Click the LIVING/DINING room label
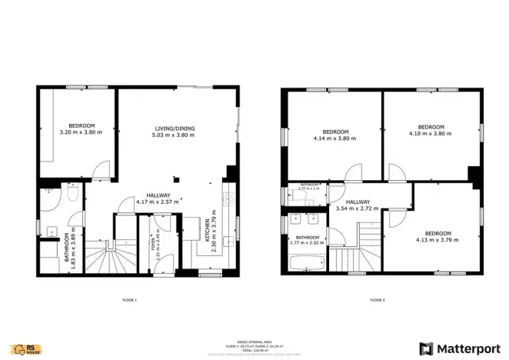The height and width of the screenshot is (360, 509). pos(175,128)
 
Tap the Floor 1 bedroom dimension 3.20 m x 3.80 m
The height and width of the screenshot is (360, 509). pos(81,133)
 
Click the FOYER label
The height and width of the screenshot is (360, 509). pos(153,244)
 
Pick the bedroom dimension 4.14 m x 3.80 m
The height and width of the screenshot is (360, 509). pos(335,138)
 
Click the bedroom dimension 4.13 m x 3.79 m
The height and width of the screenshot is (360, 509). pos(437,240)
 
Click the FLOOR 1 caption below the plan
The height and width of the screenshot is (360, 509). pos(129,300)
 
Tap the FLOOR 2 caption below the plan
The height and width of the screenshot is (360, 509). pos(377,300)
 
